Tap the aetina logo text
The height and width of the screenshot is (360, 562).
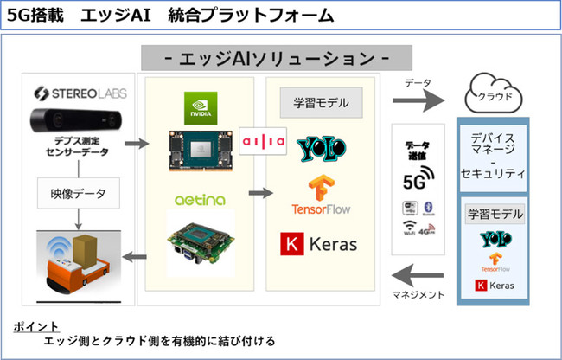(x=201, y=200)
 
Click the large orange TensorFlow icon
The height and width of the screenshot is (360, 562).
(x=320, y=189)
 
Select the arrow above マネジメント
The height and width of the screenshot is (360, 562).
(x=419, y=275)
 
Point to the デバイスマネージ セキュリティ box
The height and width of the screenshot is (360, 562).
(x=492, y=156)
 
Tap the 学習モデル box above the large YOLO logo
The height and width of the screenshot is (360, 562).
(x=320, y=103)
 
